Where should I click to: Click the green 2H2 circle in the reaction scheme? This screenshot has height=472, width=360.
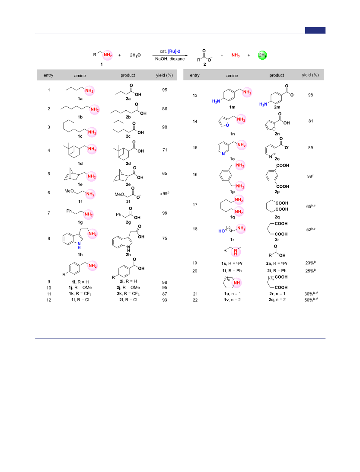click(262, 55)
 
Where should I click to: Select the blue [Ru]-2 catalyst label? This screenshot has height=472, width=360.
click(174, 51)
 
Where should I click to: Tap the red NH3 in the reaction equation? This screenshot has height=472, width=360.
click(236, 55)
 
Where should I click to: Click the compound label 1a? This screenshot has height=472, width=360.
click(80, 99)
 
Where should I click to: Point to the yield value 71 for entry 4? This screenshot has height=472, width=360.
click(165, 150)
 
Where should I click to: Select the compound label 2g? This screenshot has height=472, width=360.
click(128, 222)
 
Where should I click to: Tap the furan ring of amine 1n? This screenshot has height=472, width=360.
click(223, 122)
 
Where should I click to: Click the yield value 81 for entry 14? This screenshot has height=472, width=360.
click(311, 121)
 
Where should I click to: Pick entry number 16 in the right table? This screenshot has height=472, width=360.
click(195, 175)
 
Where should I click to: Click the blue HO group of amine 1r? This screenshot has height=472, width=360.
click(222, 231)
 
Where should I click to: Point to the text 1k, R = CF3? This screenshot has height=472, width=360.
click(80, 294)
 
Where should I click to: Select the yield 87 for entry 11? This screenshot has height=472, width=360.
click(165, 294)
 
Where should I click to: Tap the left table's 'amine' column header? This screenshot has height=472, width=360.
click(80, 76)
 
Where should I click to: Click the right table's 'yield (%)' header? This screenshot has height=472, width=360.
click(310, 75)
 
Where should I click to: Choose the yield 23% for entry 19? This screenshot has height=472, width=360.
click(310, 263)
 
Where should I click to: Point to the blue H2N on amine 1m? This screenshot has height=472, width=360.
click(216, 101)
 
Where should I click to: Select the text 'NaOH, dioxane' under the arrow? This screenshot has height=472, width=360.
click(170, 59)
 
